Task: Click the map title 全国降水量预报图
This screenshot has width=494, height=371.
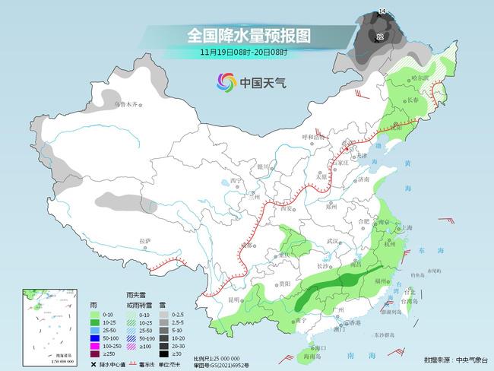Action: click(x=248, y=35)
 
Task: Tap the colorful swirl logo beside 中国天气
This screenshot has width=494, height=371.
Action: click(x=226, y=81)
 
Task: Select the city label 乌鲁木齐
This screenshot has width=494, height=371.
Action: click(x=126, y=103)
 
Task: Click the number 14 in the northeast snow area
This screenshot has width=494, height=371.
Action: click(x=382, y=11)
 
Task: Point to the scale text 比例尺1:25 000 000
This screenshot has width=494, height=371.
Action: click(x=217, y=357)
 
